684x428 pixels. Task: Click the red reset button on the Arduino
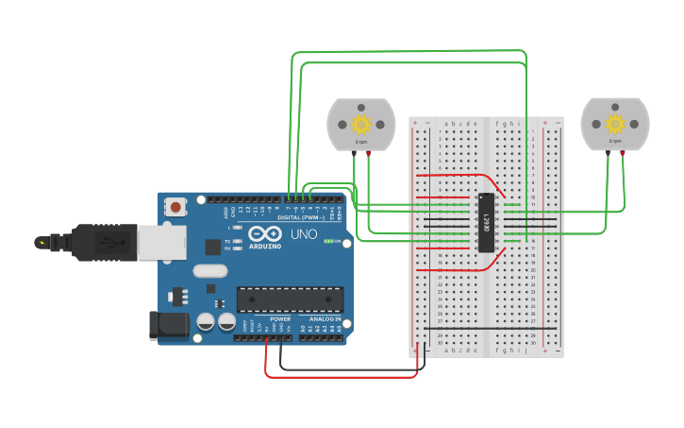175,206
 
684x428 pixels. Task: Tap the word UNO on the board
303,233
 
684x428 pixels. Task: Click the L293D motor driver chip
487,223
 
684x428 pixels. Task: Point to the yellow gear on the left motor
360,124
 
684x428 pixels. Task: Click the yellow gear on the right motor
615,124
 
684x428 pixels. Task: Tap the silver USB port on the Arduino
161,242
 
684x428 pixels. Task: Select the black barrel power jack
168,326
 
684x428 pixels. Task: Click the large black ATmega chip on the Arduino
289,299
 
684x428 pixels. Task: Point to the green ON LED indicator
327,241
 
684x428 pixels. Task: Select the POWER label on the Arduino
280,319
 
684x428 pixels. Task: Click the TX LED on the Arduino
237,241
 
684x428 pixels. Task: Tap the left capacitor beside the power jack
205,322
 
